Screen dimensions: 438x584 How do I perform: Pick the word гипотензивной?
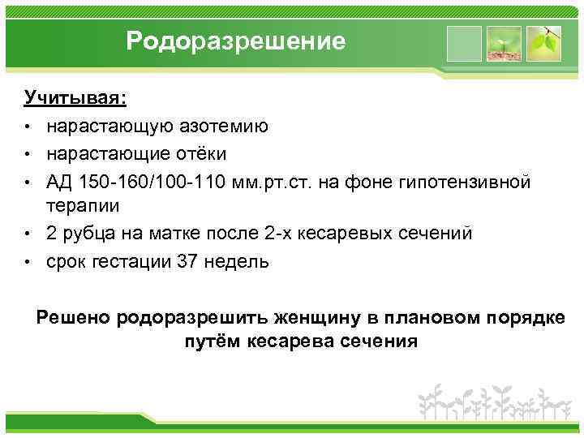click(467, 181)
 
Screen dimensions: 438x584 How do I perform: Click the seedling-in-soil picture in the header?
click(505, 43)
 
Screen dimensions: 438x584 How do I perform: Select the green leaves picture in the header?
click(543, 43)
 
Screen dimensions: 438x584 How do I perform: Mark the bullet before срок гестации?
click(28, 262)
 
